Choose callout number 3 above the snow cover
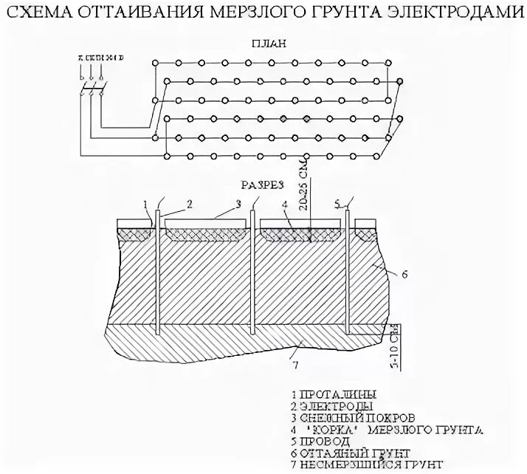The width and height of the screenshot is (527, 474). point(238,202)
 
